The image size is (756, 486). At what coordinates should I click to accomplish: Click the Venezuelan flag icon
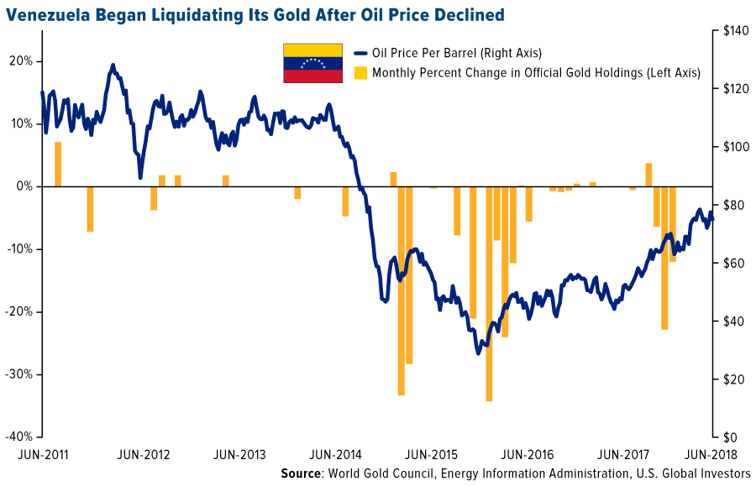click(x=312, y=63)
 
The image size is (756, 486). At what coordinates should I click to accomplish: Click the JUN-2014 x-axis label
click(x=335, y=455)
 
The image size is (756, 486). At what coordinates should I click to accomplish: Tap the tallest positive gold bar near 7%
click(x=58, y=164)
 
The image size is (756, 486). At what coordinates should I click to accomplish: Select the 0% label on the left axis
click(x=24, y=186)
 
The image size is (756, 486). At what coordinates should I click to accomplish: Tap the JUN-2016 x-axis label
click(x=527, y=455)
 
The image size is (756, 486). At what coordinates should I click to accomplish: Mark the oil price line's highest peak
click(x=113, y=64)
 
